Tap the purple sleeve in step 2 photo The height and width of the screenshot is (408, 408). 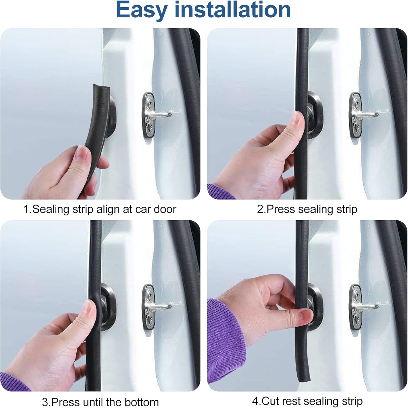tap(219, 192)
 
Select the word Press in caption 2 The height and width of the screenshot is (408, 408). tap(281, 209)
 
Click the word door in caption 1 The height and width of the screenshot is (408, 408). tap(165, 209)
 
